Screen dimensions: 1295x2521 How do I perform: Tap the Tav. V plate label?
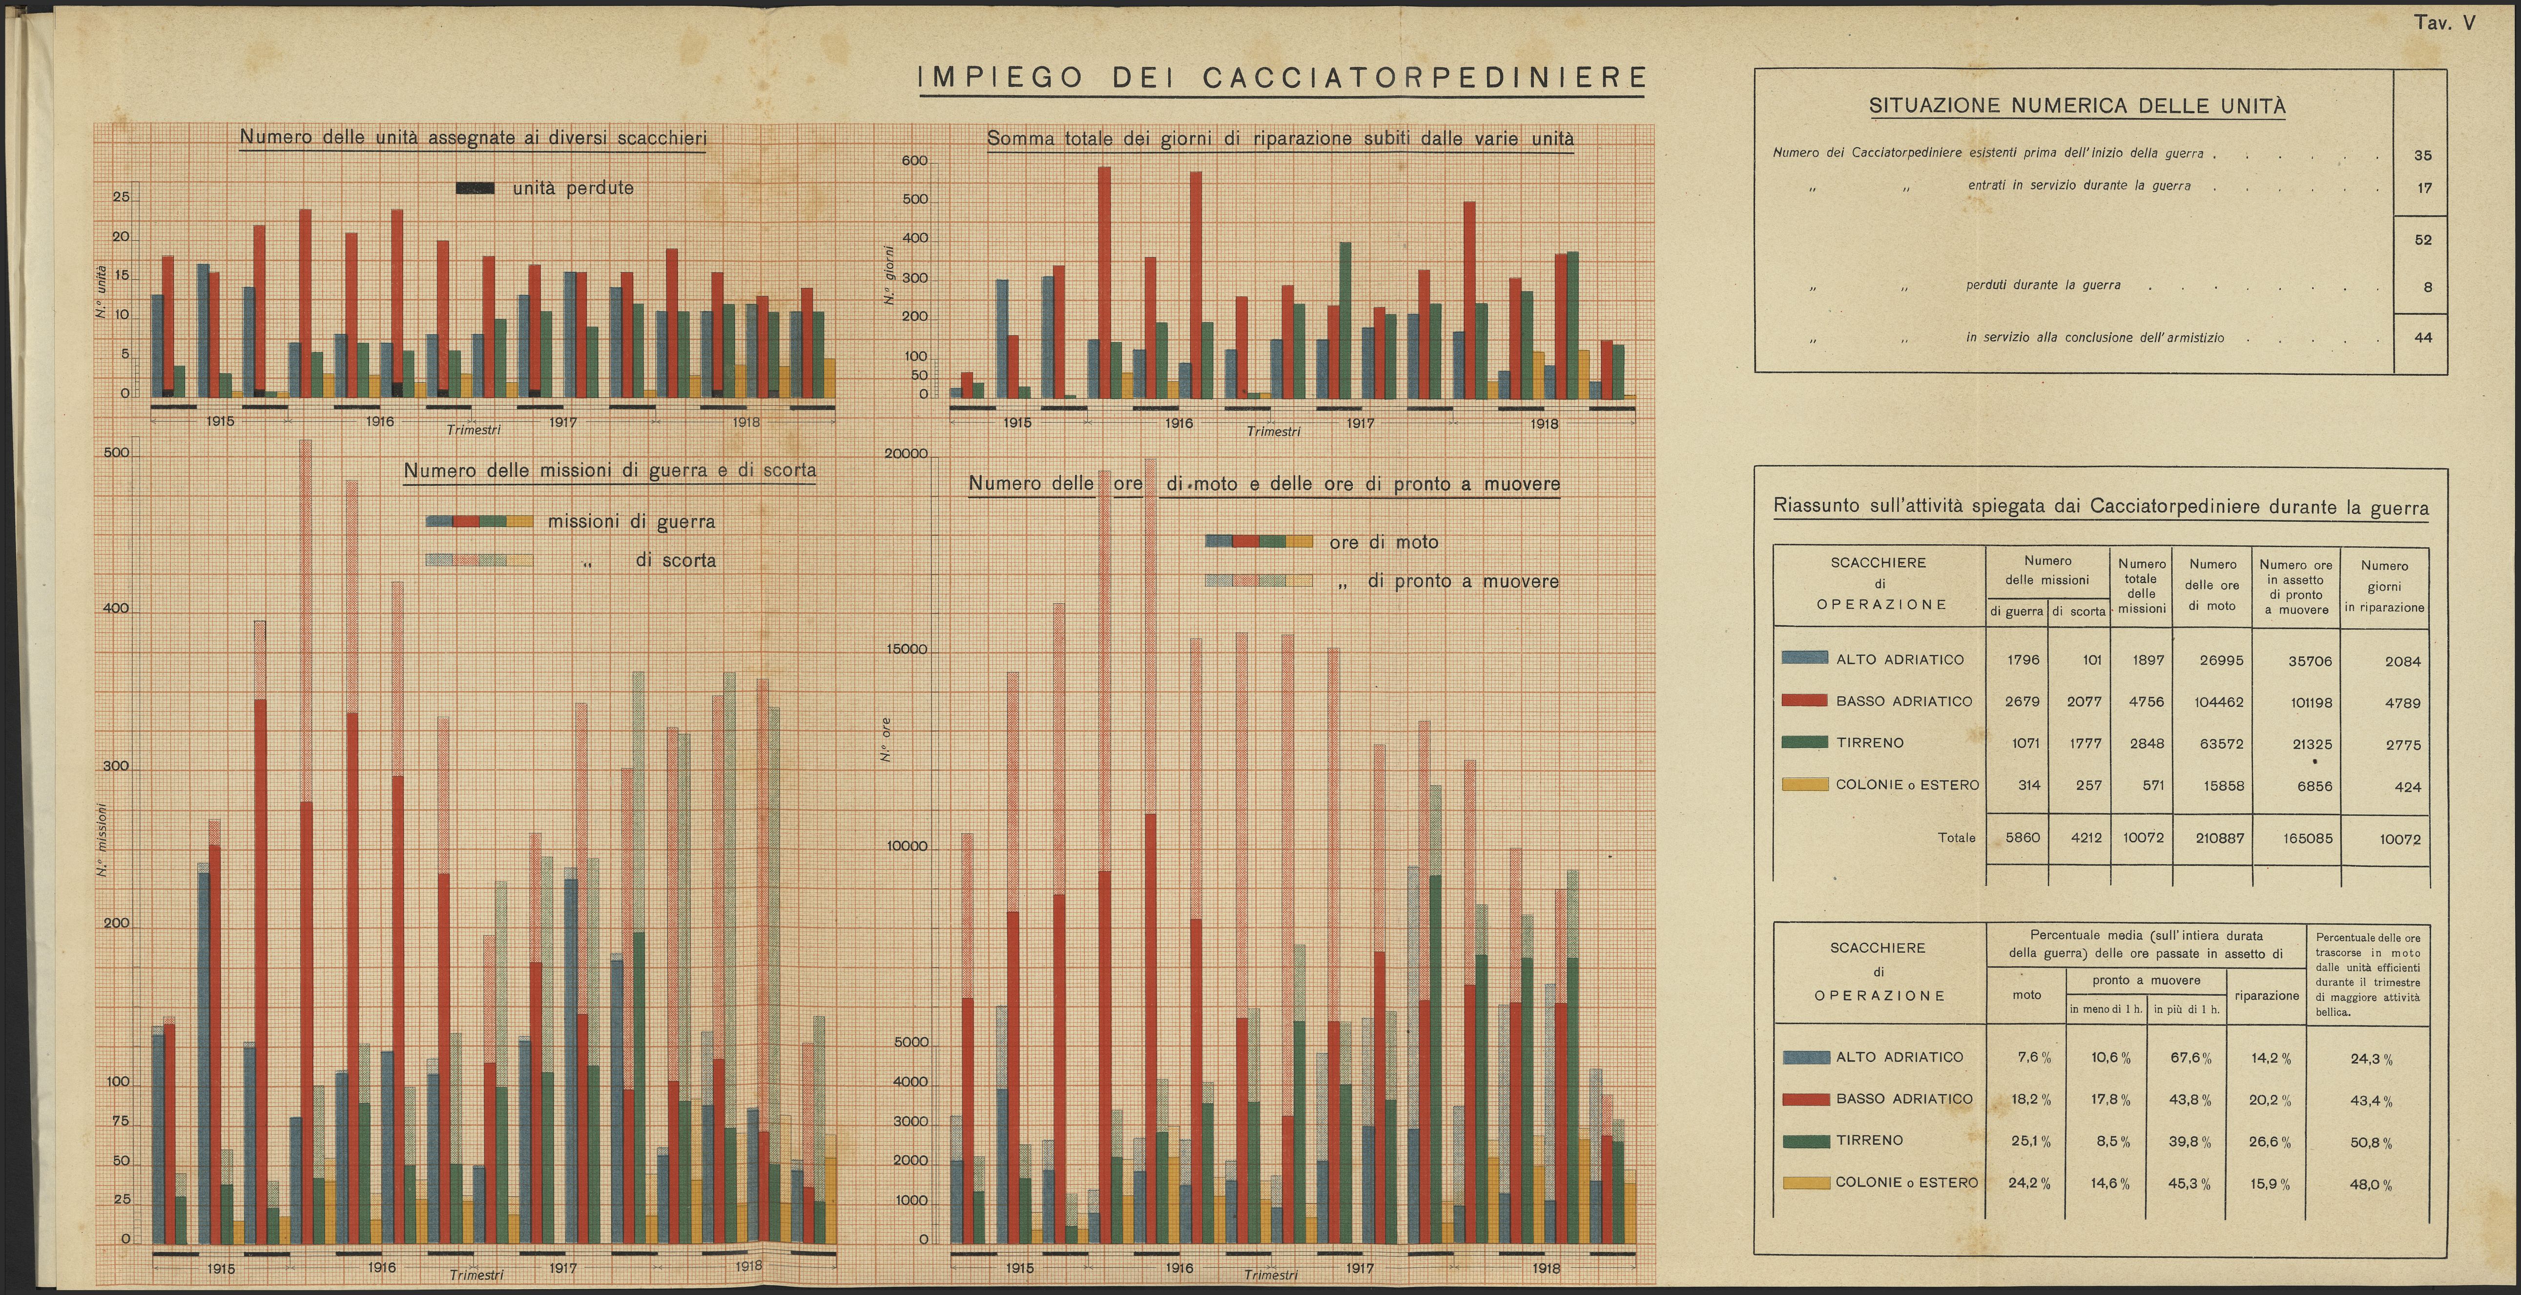point(2444,22)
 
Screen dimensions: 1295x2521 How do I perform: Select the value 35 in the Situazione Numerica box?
point(2423,155)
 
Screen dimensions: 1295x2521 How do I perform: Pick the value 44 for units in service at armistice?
point(2423,338)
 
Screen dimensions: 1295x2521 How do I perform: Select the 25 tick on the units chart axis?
point(122,197)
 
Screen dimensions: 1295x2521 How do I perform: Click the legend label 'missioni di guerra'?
point(631,522)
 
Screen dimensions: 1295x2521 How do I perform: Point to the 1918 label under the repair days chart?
point(1544,424)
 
